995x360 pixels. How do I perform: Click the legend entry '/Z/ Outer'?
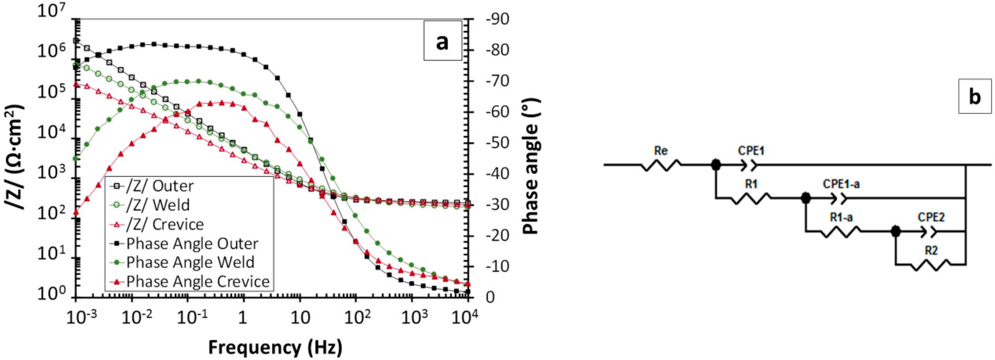point(159,186)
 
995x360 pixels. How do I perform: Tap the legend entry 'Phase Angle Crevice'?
point(198,282)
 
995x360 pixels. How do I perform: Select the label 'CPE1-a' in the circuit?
point(841,184)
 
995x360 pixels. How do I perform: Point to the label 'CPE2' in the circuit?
point(931,218)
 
